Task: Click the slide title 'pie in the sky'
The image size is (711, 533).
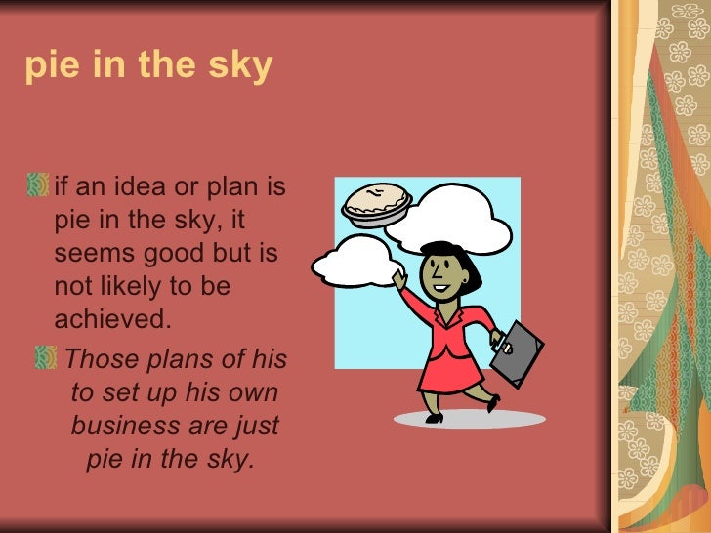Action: (148, 66)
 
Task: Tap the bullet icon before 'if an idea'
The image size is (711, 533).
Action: (39, 184)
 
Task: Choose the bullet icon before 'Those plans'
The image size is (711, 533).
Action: (46, 359)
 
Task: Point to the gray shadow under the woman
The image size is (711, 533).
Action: (469, 418)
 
